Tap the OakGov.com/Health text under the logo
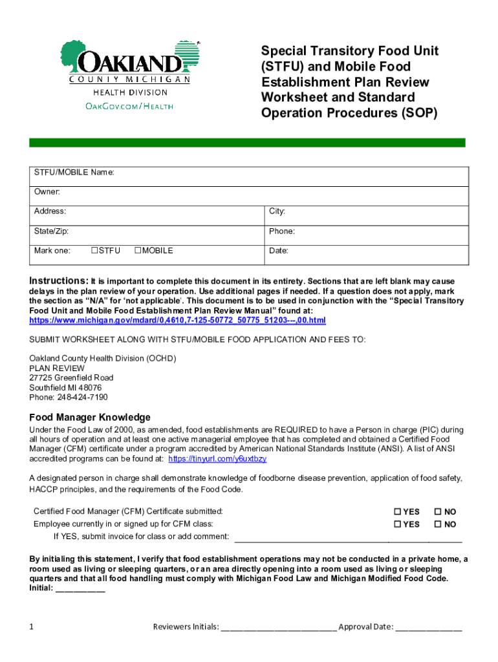(130, 106)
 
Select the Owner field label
(47, 192)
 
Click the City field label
(277, 211)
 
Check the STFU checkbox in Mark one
(94, 251)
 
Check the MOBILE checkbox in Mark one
(138, 251)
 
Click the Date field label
(279, 250)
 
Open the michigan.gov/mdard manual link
(177, 320)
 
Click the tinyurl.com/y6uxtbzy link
(217, 458)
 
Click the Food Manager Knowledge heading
(90, 418)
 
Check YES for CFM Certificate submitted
(398, 512)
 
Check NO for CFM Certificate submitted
(438, 512)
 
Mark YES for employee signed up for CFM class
(398, 524)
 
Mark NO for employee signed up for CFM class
(438, 524)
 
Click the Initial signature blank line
(81, 589)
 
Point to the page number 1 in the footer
(32, 626)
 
